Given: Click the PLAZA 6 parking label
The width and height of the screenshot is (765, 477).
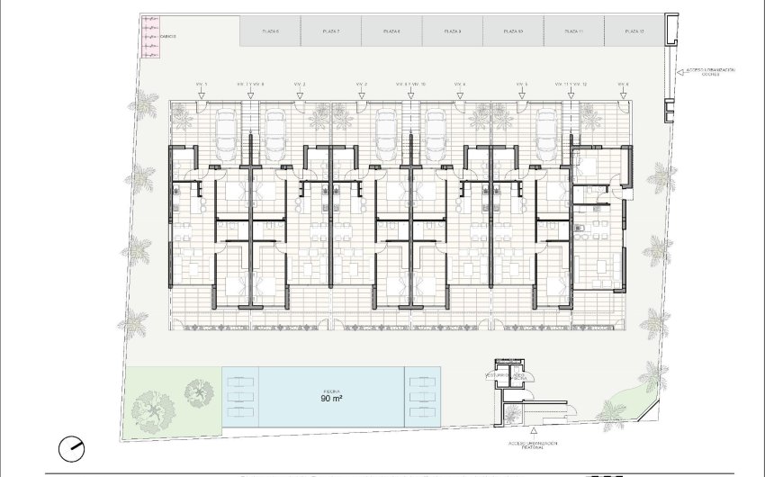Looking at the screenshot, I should (271, 31).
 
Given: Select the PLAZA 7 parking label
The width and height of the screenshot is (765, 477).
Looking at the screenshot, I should (330, 31).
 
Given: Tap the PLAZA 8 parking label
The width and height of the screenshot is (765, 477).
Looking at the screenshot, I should (391, 31).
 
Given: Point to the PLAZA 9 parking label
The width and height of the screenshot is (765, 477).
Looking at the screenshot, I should (453, 31).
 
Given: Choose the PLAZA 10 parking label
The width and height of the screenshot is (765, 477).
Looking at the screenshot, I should (514, 31).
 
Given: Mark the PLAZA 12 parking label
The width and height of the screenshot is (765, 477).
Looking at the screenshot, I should (635, 31).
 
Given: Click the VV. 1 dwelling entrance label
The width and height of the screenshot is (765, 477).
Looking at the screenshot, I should (201, 85).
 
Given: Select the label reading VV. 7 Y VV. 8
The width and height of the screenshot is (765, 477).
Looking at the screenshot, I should (250, 85).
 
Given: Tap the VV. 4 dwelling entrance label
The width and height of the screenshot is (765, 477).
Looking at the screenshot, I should (459, 85).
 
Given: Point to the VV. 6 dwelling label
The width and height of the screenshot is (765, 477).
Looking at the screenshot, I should (623, 85).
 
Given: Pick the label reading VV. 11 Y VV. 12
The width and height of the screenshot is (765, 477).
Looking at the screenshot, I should (571, 85).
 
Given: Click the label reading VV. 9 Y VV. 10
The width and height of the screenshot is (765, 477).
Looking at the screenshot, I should (410, 85).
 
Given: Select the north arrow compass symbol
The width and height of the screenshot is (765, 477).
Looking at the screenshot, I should (70, 447).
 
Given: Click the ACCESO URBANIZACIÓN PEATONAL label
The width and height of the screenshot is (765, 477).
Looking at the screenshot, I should (533, 446).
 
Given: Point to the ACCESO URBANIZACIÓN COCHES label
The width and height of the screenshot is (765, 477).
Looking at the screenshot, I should (711, 72).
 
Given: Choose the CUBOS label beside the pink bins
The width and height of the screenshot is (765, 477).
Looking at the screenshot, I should (168, 37).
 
